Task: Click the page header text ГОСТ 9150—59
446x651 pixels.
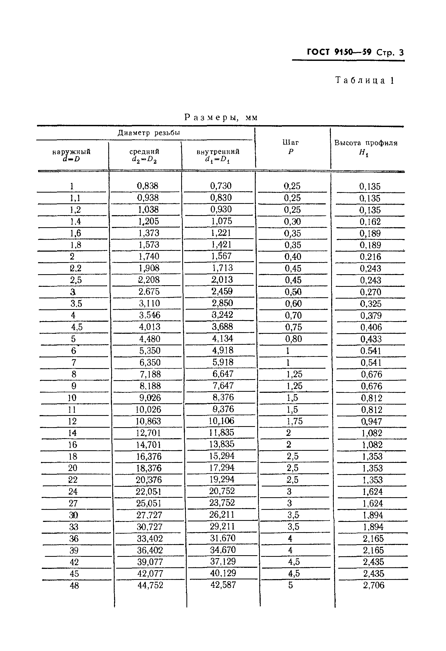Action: click(x=339, y=52)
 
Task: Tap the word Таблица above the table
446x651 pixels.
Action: click(x=360, y=81)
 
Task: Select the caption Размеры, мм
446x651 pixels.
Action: click(x=221, y=117)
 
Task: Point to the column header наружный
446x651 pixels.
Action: click(x=71, y=152)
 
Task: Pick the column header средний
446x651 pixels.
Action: click(x=144, y=152)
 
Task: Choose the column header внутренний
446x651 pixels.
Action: click(x=218, y=152)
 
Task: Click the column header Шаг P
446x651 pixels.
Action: click(x=291, y=147)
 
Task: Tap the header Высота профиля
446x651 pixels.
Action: click(x=366, y=143)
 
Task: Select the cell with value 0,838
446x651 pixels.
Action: click(x=148, y=186)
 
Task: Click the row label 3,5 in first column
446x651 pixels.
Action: click(x=76, y=303)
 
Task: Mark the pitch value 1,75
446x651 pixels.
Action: click(x=294, y=421)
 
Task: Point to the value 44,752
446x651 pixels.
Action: click(x=150, y=585)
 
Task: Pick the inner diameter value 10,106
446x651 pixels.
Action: click(x=221, y=421)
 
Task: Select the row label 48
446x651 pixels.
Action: click(x=74, y=585)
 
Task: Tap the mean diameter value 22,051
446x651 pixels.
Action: click(x=149, y=492)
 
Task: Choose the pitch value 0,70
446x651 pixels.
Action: click(x=293, y=315)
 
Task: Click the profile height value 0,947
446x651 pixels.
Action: click(x=371, y=421)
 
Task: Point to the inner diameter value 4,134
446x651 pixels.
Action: click(x=223, y=339)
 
